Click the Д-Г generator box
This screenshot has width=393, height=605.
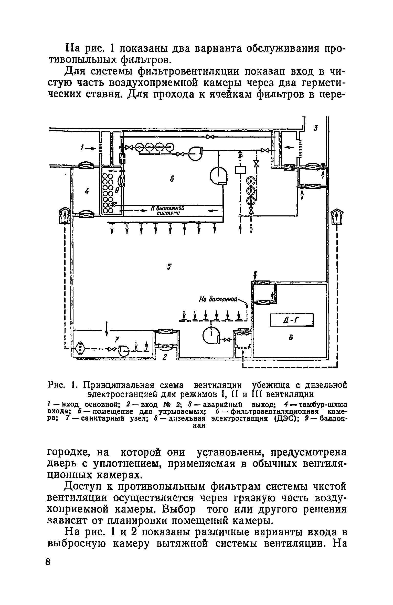point(292,320)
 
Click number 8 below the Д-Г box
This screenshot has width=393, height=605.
point(291,338)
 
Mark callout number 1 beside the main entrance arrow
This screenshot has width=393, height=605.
point(83,147)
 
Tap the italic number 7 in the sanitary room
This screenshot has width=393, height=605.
point(117,340)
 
